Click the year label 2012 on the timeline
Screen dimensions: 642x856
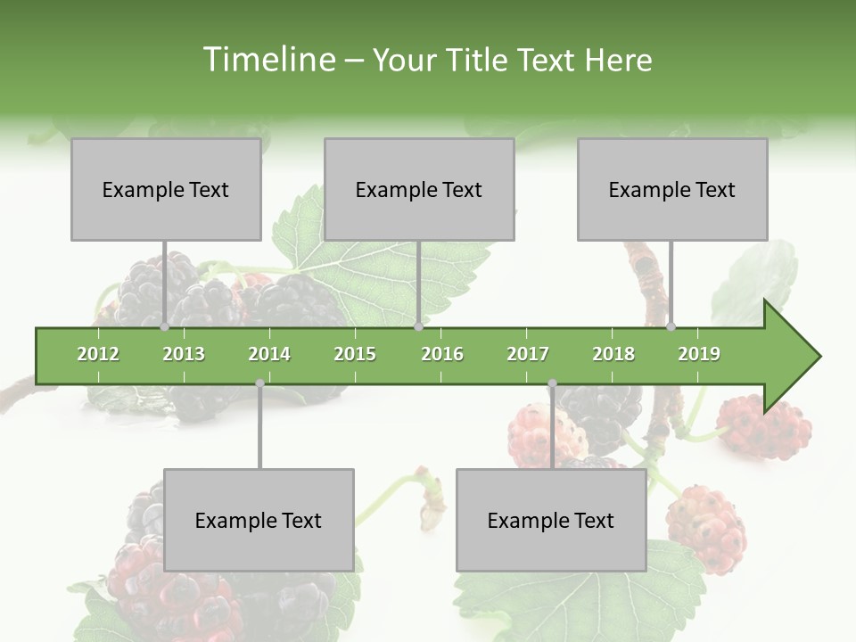click(98, 354)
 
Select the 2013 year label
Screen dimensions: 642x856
click(184, 354)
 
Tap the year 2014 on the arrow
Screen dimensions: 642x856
click(269, 354)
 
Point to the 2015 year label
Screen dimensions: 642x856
click(355, 354)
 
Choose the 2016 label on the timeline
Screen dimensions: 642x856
click(442, 354)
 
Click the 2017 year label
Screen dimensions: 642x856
click(528, 354)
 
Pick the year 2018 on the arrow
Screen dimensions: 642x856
click(613, 354)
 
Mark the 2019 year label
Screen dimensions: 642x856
click(699, 354)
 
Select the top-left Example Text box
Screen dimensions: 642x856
click(166, 189)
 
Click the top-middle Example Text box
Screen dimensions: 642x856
click(419, 189)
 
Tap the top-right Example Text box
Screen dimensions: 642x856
click(672, 189)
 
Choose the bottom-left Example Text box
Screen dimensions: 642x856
click(259, 520)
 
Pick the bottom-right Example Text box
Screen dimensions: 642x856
click(551, 520)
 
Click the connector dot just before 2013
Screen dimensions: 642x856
click(164, 326)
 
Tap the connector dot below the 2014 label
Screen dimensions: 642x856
click(259, 383)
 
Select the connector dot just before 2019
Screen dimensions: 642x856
click(671, 326)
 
